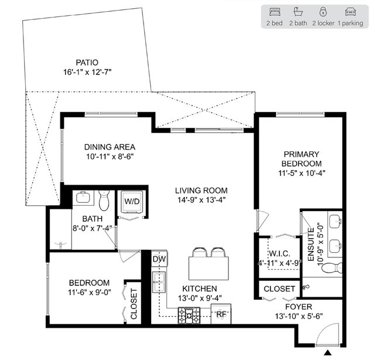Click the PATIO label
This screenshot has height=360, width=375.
[87, 63]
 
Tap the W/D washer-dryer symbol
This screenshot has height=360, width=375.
[132, 202]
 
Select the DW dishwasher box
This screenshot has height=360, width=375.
[159, 259]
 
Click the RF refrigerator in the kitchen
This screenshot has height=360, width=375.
[221, 314]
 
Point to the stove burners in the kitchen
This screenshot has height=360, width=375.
[189, 315]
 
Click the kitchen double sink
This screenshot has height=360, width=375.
[159, 282]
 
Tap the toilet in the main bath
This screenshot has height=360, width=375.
[104, 201]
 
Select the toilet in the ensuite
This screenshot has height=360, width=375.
[332, 267]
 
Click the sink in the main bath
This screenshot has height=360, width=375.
[83, 197]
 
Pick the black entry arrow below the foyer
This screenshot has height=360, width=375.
[328, 352]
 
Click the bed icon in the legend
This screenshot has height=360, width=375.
[275, 12]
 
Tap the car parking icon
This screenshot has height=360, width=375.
[350, 12]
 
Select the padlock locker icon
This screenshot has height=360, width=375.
[323, 12]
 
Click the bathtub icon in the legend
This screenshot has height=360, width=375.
[298, 12]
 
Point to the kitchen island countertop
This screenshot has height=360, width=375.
[209, 268]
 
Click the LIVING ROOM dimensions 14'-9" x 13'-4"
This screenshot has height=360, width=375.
[202, 200]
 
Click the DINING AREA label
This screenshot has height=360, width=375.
[110, 147]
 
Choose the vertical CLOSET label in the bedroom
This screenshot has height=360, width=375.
[134, 304]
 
